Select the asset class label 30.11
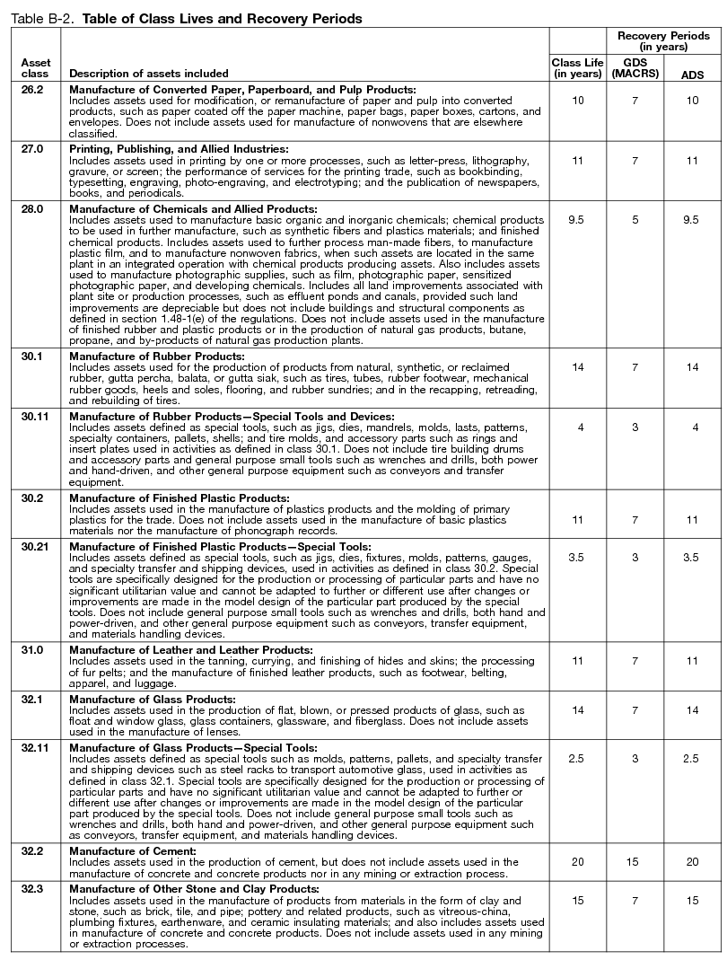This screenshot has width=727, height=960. [x=35, y=416]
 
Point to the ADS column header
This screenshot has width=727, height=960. [x=691, y=73]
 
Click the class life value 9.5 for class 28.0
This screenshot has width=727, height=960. [x=577, y=220]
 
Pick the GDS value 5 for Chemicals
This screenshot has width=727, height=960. [x=634, y=220]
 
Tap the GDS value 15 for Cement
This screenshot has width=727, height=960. [x=634, y=862]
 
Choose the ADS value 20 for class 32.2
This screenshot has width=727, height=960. [x=691, y=862]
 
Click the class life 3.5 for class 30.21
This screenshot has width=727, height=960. [x=577, y=558]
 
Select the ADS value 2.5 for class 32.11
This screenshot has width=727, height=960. [x=691, y=758]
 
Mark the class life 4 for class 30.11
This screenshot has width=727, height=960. [x=581, y=427]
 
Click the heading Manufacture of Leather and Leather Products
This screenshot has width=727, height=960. [x=191, y=649]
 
